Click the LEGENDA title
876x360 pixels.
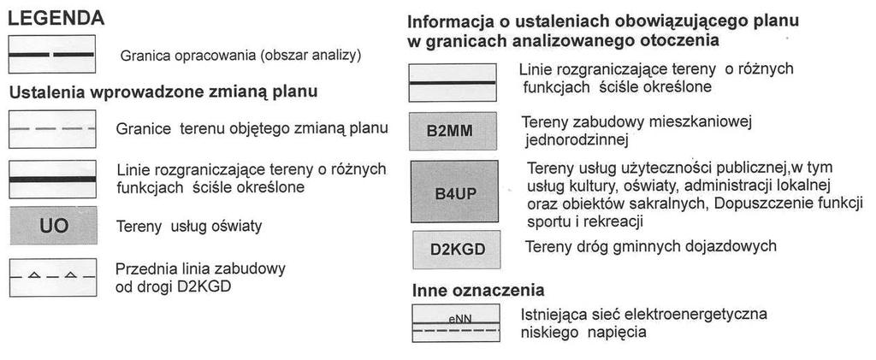pos(56,19)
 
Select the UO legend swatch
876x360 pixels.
pos(53,226)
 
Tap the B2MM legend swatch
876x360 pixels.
pos(453,131)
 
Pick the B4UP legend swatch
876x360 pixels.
pos(455,192)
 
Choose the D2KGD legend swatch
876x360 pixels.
pos(457,250)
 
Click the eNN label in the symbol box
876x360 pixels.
pos(459,319)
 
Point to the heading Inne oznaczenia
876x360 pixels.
pos(478,290)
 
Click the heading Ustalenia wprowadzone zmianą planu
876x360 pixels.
pos(163,92)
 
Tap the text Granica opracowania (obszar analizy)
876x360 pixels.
pos(240,56)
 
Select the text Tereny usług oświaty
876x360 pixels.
pos(189,227)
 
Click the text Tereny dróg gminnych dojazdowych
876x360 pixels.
pos(651,246)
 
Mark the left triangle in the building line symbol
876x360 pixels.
pos(34,274)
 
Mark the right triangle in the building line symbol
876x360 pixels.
pos(70,274)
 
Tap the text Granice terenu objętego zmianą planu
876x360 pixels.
pos(252,128)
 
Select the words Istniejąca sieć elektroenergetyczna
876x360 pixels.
pos(643,314)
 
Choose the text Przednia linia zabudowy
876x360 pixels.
pos(200,269)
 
